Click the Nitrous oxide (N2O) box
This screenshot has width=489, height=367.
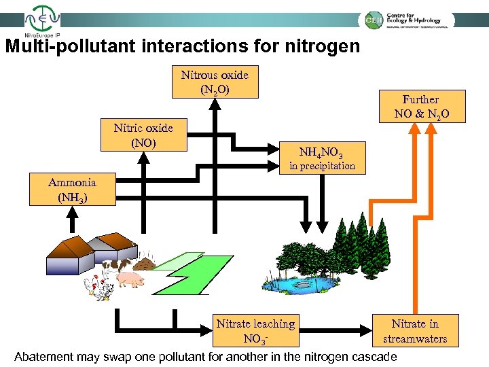pos(215,82)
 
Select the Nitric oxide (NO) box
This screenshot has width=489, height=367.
pos(143,135)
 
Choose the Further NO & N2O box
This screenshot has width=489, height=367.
pos(420,107)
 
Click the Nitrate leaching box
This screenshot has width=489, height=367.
pos(255,330)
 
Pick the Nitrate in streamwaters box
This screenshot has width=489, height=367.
pos(415,330)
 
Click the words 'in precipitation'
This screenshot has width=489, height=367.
pos(322,166)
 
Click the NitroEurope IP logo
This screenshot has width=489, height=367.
pos(41,20)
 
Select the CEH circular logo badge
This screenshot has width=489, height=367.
pos(373,20)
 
